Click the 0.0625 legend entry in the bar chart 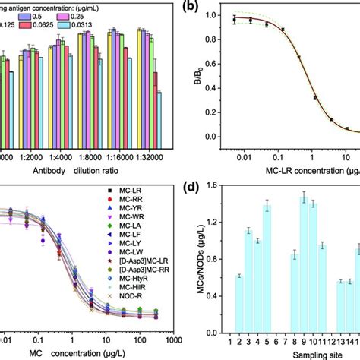point(70,25)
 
